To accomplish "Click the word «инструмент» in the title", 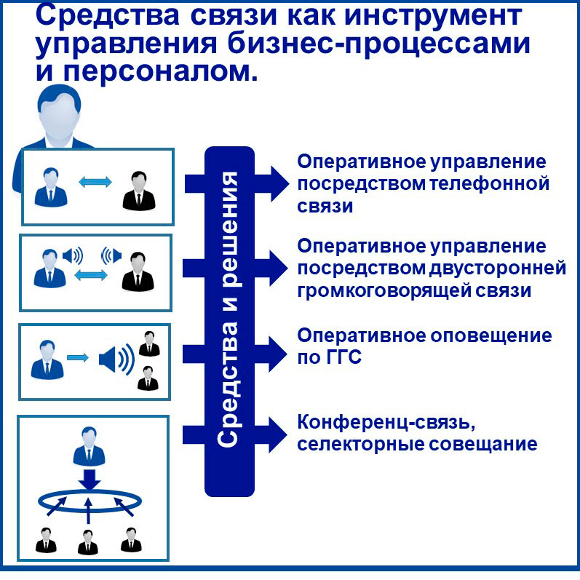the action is [432, 17].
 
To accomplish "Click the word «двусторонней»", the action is [498, 269].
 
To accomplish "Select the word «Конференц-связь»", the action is [386, 422].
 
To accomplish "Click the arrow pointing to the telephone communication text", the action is [237, 183].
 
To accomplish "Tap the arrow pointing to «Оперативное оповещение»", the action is [235, 354].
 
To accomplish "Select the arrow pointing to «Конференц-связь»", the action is [235, 435].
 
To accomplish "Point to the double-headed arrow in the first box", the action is [95, 182].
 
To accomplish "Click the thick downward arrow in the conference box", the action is [89, 480].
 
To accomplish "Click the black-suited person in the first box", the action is [139, 191].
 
